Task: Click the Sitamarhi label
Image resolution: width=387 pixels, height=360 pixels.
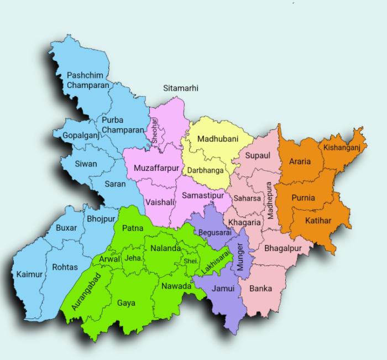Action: [x=181, y=88]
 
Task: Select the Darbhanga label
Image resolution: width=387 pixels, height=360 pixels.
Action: [x=205, y=170]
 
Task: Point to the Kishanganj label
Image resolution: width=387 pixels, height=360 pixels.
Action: [x=342, y=148]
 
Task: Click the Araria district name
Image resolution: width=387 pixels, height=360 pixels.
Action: [x=300, y=162]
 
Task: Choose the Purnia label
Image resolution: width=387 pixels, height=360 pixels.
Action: [x=303, y=197]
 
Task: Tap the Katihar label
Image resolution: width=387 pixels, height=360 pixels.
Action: [x=318, y=221]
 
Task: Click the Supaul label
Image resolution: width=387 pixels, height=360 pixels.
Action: [x=258, y=155]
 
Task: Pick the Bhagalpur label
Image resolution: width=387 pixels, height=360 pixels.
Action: [x=283, y=248]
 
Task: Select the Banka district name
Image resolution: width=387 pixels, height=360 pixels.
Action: [x=260, y=289]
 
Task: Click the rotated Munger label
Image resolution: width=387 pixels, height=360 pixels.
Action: [x=240, y=257]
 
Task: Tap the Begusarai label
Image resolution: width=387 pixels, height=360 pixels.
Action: [x=215, y=233]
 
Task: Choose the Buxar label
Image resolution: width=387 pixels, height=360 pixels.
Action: [x=66, y=227]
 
